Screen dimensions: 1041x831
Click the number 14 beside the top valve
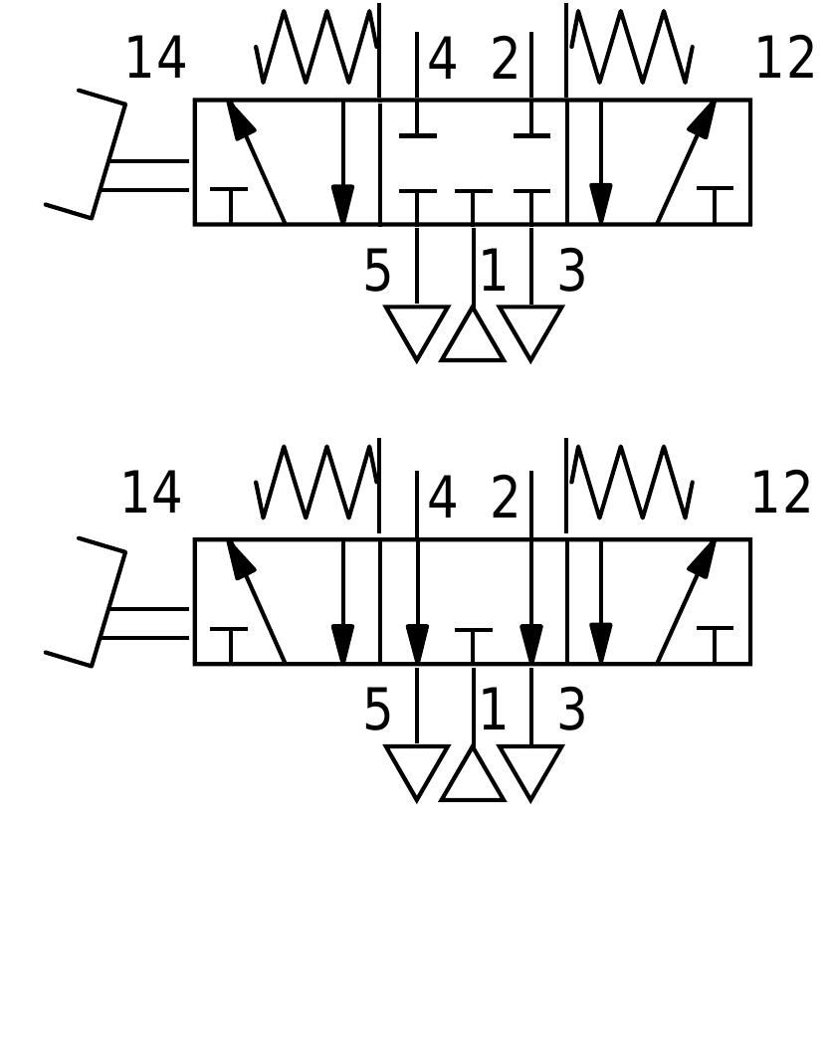[155, 59]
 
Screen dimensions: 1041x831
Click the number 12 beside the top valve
[784, 59]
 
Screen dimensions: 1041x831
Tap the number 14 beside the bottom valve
[151, 494]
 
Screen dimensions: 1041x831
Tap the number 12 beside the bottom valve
[780, 494]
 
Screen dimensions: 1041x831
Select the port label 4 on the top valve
[442, 61]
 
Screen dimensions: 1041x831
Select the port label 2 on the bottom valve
[505, 499]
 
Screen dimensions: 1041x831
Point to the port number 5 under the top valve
[377, 272]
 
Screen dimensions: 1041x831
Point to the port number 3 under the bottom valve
[571, 711]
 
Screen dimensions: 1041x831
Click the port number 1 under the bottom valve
[494, 711]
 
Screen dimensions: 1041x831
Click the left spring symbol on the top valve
[316, 48]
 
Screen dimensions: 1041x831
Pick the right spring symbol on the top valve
[631, 48]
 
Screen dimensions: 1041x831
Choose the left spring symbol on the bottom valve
[316, 484]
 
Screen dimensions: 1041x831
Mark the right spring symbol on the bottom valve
[631, 484]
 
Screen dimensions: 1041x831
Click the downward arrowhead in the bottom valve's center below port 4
[417, 643]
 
